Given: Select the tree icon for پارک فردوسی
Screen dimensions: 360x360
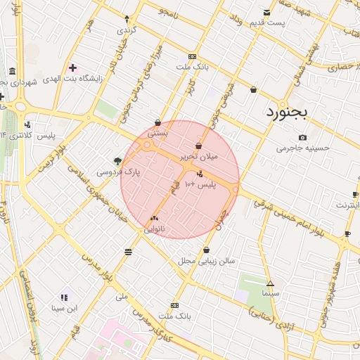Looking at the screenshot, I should pyautogui.click(x=117, y=161).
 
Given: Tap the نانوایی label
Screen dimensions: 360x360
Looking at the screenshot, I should pyautogui.click(x=155, y=229).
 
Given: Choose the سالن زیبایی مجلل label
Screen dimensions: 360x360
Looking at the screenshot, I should pyautogui.click(x=206, y=261).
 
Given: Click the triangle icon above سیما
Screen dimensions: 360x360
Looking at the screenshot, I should pyautogui.click(x=270, y=283).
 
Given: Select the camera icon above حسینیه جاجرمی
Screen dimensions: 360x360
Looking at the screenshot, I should pyautogui.click(x=302, y=138).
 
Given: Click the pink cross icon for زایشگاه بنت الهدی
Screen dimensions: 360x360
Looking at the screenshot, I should pyautogui.click(x=72, y=67).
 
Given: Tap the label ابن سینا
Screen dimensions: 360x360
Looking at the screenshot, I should pyautogui.click(x=65, y=308).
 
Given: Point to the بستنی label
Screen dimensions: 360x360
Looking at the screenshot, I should pyautogui.click(x=157, y=132).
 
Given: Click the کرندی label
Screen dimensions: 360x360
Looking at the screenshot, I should pyautogui.click(x=126, y=30).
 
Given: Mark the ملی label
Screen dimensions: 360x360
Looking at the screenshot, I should pyautogui.click(x=122, y=296).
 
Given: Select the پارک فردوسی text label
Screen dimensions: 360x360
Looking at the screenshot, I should pyautogui.click(x=118, y=172).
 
